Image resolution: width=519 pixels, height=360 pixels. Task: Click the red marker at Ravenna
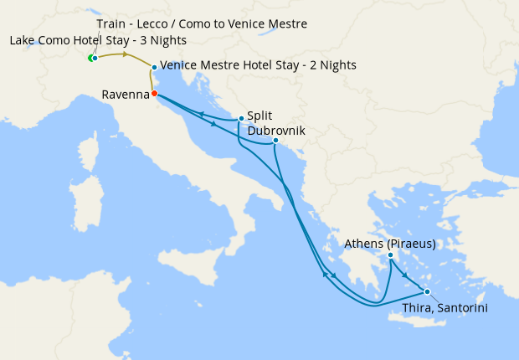[x=154, y=94]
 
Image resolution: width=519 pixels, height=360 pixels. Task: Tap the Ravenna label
[x=126, y=95]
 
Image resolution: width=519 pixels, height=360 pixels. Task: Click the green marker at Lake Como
[x=90, y=58]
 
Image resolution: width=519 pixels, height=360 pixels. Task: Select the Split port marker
[x=241, y=118]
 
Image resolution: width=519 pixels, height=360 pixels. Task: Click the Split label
[x=259, y=117]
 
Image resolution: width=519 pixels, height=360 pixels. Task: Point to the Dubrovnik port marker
[x=275, y=141]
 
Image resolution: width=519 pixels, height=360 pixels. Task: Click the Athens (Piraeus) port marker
[x=390, y=255]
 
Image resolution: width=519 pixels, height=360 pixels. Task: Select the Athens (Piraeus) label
[x=391, y=244]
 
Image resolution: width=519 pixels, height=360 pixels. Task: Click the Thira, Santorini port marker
[x=427, y=291]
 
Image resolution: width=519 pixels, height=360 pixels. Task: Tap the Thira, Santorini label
[x=444, y=307]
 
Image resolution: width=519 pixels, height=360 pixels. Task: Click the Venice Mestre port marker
[x=154, y=67]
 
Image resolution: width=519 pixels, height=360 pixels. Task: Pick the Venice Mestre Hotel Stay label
[x=258, y=65]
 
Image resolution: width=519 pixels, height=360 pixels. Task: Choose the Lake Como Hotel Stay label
[x=98, y=40]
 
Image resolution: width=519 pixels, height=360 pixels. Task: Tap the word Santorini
[x=462, y=307]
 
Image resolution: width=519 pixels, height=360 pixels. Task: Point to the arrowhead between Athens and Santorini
[x=405, y=275]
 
